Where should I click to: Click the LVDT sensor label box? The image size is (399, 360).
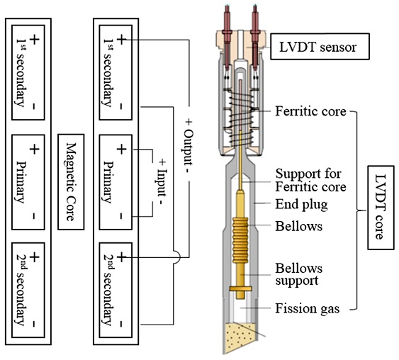pos(320,47)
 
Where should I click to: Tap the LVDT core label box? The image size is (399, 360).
pos(381,208)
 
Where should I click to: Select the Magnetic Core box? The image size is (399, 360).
pos(71,182)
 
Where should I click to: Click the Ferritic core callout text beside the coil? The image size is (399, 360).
pos(310,111)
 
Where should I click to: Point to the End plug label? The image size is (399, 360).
pos(301,204)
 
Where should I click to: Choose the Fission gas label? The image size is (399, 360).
pos(308,308)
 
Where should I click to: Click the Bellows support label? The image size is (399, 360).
pos(299,274)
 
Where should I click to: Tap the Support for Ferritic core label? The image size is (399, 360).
pos(310,181)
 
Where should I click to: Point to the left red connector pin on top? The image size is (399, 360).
pos(227,38)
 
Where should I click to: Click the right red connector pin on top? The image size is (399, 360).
pos(255,38)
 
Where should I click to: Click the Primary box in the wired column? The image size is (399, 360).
pos(116,182)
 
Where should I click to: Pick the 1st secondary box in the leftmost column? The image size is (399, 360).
pos(28,72)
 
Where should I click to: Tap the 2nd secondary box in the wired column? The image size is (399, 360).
pos(116,291)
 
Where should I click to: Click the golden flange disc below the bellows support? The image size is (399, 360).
pos(240,288)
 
